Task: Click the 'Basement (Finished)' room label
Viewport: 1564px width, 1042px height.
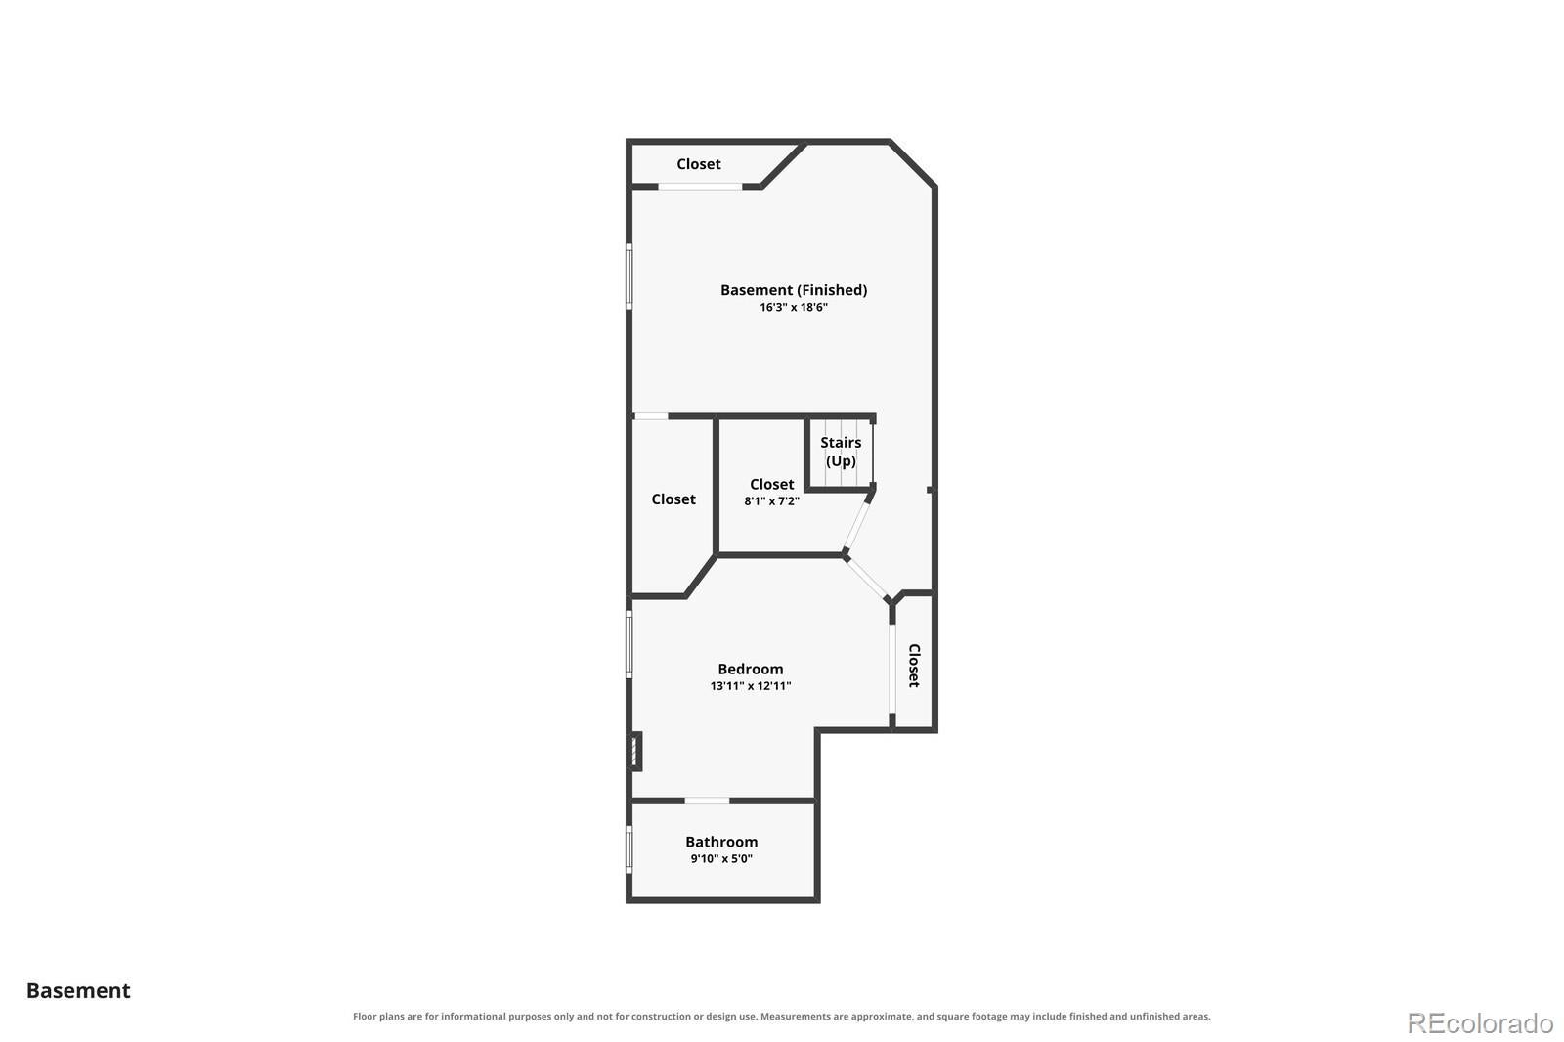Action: (x=794, y=290)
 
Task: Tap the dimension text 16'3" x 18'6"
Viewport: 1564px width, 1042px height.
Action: (x=794, y=307)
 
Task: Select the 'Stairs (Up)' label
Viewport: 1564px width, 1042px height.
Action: (x=841, y=452)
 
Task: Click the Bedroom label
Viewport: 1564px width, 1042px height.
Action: (x=751, y=669)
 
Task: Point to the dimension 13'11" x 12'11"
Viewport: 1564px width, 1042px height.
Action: (x=751, y=686)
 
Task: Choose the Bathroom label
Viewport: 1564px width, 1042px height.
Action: (x=721, y=842)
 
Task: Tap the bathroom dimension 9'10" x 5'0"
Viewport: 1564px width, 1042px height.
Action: (x=721, y=858)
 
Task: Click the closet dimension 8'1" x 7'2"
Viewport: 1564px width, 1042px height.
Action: (x=771, y=500)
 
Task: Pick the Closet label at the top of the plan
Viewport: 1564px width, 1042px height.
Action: (x=698, y=164)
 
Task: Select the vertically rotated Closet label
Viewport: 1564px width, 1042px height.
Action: (x=914, y=666)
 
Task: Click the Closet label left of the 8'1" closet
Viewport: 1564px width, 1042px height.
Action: (x=673, y=499)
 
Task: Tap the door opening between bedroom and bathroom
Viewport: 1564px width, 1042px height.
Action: (x=707, y=801)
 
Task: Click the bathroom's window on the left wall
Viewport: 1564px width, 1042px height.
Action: (x=630, y=849)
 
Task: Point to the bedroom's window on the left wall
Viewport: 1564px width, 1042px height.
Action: (x=630, y=644)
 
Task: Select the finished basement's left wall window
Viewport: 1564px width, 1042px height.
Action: (x=630, y=276)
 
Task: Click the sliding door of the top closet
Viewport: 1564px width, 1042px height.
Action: (x=700, y=187)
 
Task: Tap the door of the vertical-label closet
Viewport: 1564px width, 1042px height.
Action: (x=891, y=669)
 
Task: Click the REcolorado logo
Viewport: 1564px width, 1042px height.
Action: (x=1480, y=1023)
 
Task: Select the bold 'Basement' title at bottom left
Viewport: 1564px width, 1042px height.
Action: (x=78, y=991)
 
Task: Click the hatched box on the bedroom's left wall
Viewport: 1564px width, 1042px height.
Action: (x=635, y=752)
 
